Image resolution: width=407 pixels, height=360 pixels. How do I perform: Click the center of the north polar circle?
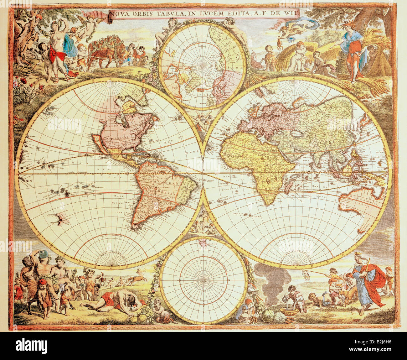click(x=202, y=66)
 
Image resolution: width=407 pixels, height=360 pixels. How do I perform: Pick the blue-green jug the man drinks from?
click(x=44, y=253)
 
